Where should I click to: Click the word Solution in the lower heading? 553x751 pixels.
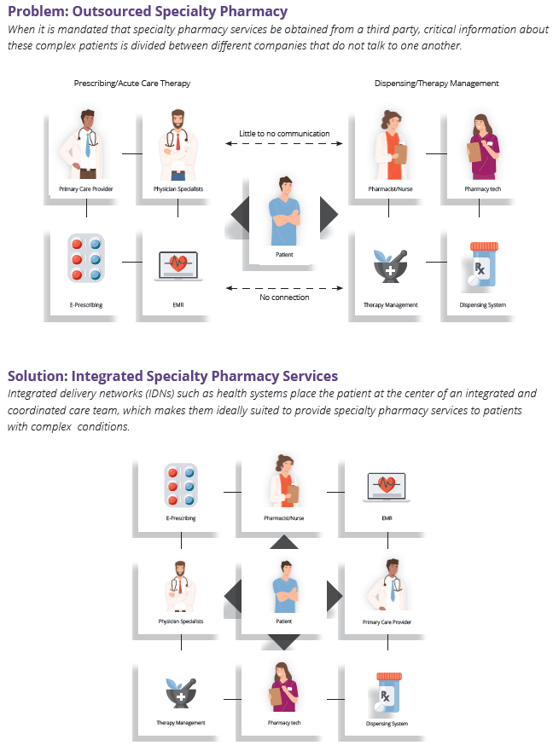pyautogui.click(x=37, y=376)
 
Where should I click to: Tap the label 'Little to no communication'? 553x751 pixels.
pyautogui.click(x=284, y=133)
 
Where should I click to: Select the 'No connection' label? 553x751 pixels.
pyautogui.click(x=284, y=298)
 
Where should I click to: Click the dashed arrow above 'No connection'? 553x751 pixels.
pyautogui.click(x=284, y=286)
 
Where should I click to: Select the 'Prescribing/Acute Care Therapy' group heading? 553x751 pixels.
pyautogui.click(x=131, y=84)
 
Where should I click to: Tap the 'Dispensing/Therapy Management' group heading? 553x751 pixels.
pyautogui.click(x=436, y=84)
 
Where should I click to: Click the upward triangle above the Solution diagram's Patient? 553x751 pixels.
pyautogui.click(x=284, y=543)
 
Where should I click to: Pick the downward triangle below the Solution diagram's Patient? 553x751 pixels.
pyautogui.click(x=284, y=640)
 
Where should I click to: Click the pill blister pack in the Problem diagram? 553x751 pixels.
pyautogui.click(x=85, y=258)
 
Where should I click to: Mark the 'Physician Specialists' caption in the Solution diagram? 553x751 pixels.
pyautogui.click(x=181, y=622)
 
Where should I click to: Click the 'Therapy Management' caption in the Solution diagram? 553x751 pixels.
pyautogui.click(x=181, y=723)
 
